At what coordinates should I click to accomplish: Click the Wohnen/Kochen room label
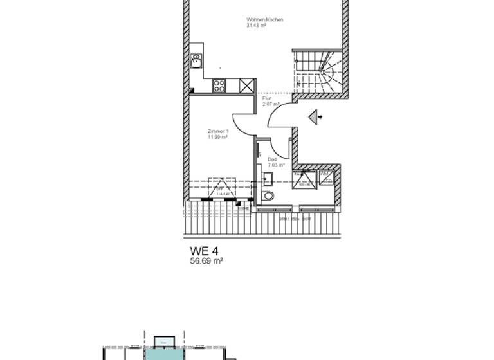tap(264, 20)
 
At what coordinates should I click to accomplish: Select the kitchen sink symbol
tap(196, 61)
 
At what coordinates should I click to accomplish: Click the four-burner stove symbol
tap(219, 85)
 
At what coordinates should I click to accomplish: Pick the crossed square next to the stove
tap(246, 85)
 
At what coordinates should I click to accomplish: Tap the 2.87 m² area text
tap(271, 104)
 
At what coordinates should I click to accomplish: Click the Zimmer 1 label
tap(217, 131)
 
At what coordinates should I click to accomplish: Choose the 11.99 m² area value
tap(217, 137)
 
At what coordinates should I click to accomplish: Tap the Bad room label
tap(271, 159)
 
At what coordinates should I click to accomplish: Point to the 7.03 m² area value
tap(275, 165)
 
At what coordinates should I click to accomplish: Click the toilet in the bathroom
tap(268, 195)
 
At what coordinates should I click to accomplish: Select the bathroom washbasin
tap(267, 178)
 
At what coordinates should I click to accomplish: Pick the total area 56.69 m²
tap(206, 261)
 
